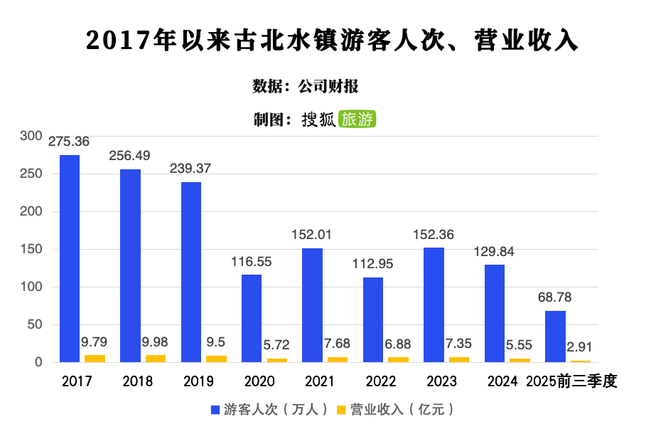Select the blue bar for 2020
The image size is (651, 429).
(x=252, y=318)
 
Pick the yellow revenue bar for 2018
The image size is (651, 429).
(x=156, y=359)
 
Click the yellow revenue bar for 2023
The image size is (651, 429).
(x=459, y=359)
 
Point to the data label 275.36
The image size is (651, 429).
(x=69, y=142)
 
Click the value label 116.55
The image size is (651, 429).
(x=252, y=262)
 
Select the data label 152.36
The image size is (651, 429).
(x=434, y=235)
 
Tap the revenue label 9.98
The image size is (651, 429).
(x=156, y=341)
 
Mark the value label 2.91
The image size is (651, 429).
(x=581, y=346)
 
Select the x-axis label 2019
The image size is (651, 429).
(x=198, y=382)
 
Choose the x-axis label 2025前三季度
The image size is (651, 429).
(x=571, y=382)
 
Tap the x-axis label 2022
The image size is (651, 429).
(x=381, y=382)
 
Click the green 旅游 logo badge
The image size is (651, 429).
(x=357, y=120)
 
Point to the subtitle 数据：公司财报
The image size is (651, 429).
(x=306, y=87)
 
